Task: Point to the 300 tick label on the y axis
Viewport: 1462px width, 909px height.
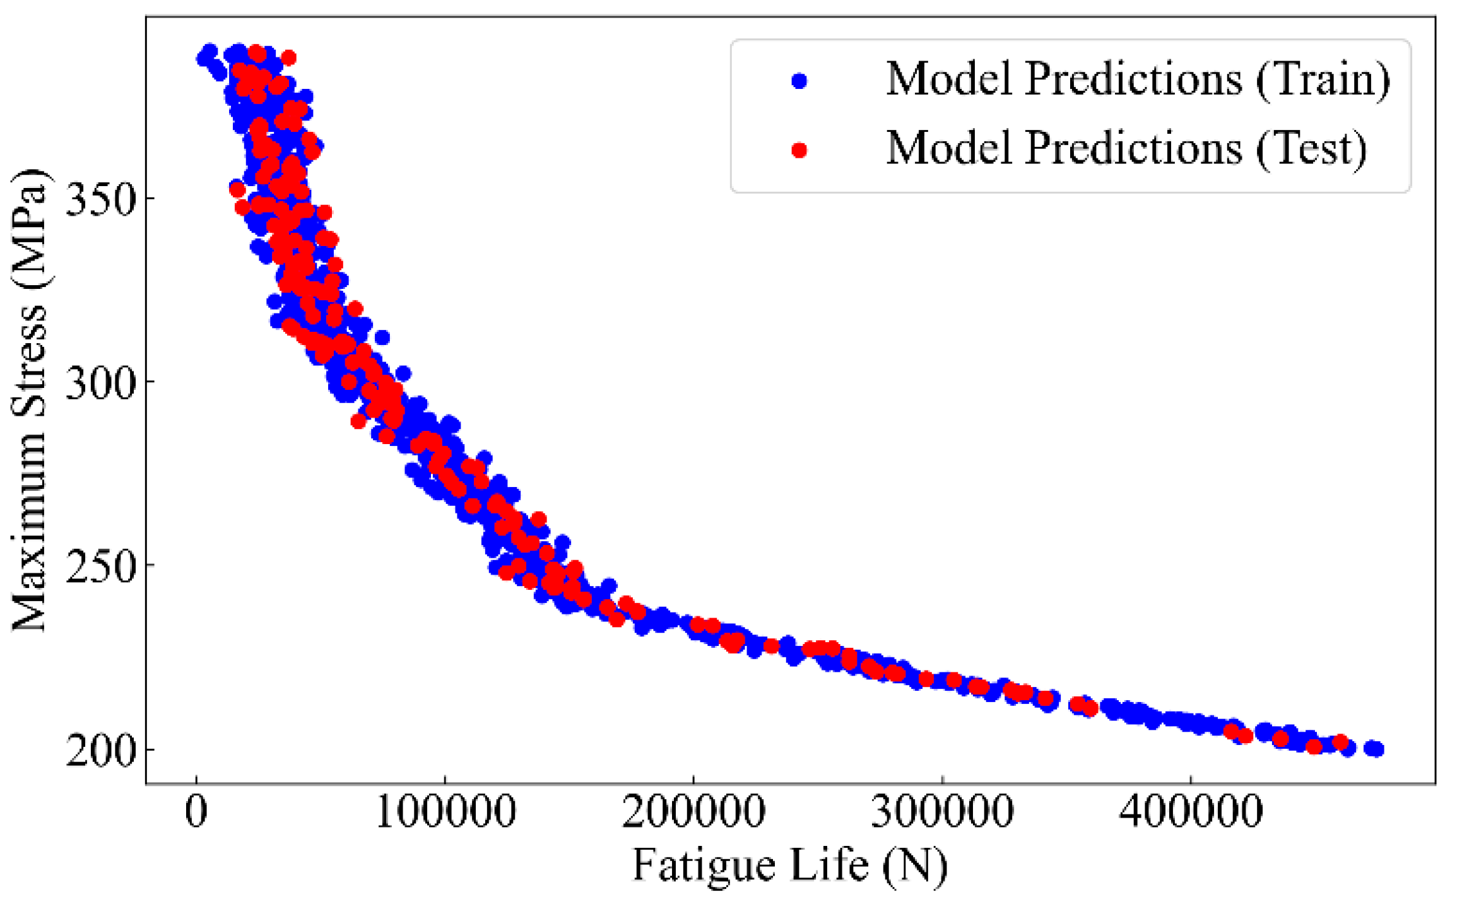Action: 101,382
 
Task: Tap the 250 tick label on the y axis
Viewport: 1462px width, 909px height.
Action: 101,566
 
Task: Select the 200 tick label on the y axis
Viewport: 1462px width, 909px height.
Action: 101,750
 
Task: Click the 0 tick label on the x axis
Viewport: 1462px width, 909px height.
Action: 196,812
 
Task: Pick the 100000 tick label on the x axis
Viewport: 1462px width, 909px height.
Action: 445,812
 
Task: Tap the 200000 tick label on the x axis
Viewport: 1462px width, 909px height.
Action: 693,812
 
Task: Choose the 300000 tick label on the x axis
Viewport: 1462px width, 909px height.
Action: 942,812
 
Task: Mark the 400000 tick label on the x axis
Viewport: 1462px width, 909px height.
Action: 1191,812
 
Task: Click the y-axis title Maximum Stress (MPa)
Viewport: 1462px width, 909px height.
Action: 30,401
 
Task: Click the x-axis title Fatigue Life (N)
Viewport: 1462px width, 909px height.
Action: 790,865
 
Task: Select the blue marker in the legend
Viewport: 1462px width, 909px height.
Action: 799,81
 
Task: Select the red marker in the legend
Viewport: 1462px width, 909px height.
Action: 799,150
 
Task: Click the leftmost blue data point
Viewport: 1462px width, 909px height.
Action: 203,59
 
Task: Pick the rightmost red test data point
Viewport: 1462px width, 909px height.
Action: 1340,742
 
